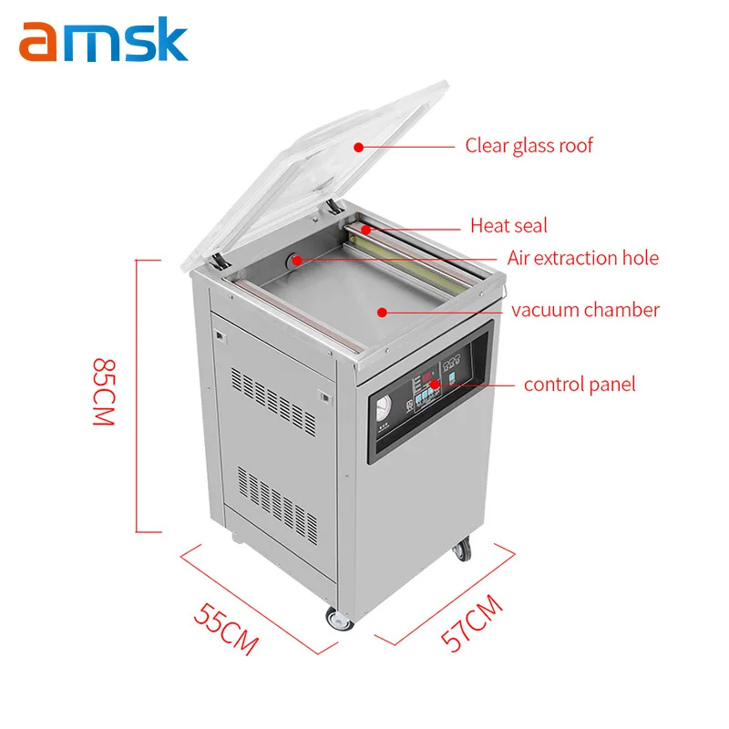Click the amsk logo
click(103, 42)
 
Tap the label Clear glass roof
click(529, 145)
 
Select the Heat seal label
click(508, 225)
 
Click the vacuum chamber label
click(585, 310)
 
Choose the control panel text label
click(580, 384)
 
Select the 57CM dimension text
click(472, 622)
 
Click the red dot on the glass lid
click(359, 146)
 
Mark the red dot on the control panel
click(436, 384)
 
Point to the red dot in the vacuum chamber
click(382, 311)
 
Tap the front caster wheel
click(339, 621)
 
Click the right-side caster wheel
click(464, 549)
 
